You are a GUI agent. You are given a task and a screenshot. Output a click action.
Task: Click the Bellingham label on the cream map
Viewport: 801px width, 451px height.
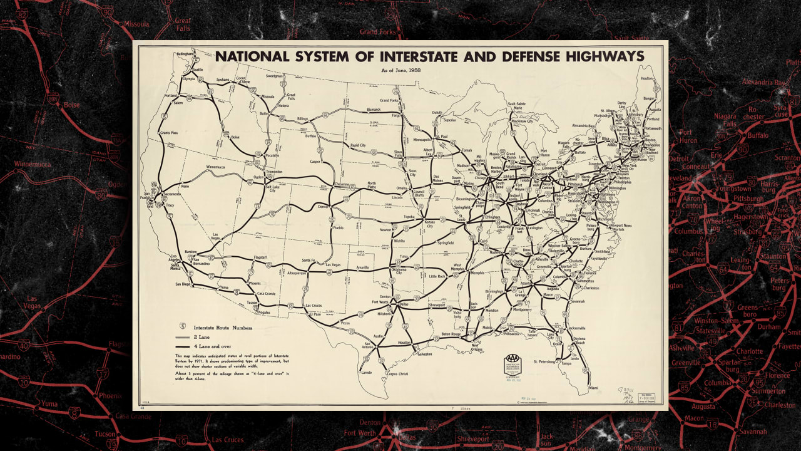click(x=186, y=54)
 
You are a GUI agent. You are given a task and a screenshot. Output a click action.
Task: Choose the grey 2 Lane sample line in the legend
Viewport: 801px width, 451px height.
click(x=183, y=337)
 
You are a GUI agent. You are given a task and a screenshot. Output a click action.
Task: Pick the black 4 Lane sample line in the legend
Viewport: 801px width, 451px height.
click(x=183, y=346)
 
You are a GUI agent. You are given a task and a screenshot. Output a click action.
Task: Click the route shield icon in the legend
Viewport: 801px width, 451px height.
click(x=183, y=326)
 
